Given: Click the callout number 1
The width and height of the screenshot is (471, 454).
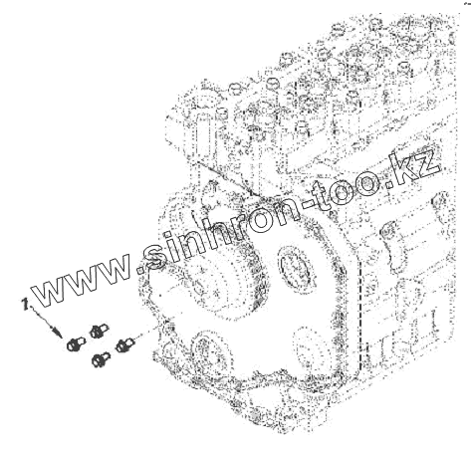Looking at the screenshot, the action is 25,304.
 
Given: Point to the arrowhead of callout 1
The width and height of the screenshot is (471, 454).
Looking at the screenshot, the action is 57,332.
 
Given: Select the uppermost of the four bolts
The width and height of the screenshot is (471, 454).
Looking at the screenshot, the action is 99,330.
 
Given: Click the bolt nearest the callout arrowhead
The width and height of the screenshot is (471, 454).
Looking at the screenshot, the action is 76,343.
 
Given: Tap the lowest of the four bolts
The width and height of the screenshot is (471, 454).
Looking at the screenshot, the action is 101,359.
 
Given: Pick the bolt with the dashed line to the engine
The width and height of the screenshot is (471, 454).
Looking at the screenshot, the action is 124,345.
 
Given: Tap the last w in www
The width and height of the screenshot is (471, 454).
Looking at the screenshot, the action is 113,267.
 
